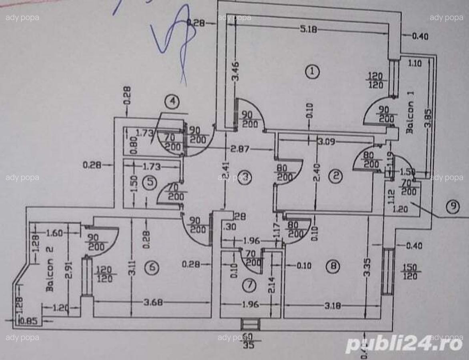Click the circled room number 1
[x=312, y=72]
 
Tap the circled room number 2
[x=335, y=176]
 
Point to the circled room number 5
[x=150, y=182]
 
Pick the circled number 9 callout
[x=453, y=206]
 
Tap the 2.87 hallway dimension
[x=240, y=149]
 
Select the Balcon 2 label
[x=50, y=269]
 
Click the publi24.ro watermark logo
[x=404, y=343]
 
